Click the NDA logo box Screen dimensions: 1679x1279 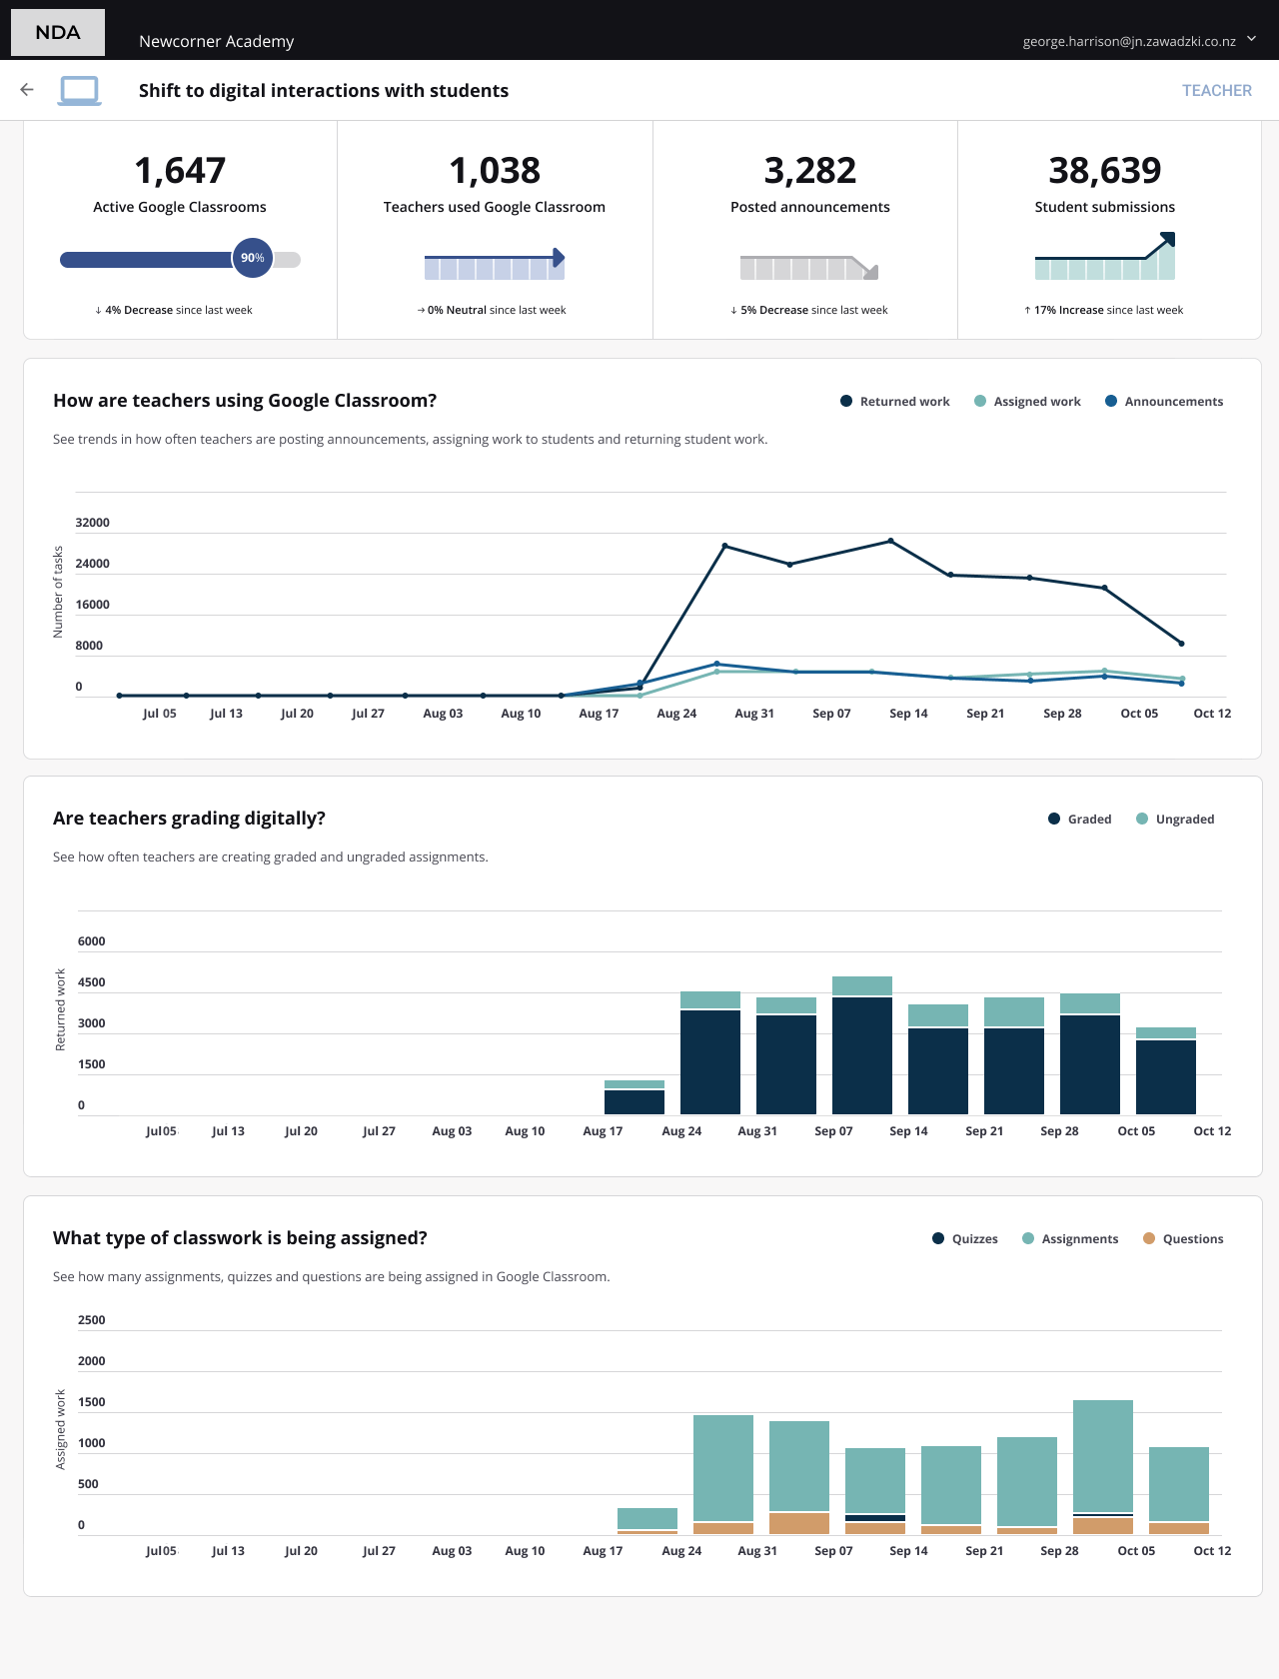(x=58, y=32)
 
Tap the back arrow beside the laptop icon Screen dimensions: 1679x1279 (x=27, y=90)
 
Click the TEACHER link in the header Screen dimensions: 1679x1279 (x=1216, y=90)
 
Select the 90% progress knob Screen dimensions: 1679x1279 (x=253, y=258)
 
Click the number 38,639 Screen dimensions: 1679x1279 (x=1104, y=171)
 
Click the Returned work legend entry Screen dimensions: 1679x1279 (x=895, y=402)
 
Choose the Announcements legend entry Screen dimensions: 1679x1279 (x=1164, y=402)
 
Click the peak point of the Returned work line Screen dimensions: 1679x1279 (x=890, y=542)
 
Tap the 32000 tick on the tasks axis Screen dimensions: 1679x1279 (x=93, y=523)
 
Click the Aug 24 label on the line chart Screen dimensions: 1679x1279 (x=676, y=714)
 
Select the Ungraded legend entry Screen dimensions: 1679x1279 (x=1175, y=820)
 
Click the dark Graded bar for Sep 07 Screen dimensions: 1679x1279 (x=862, y=1055)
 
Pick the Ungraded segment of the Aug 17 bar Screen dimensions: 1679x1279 (x=635, y=1084)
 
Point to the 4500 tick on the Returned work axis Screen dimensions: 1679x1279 (x=92, y=982)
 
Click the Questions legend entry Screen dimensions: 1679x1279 (x=1183, y=1239)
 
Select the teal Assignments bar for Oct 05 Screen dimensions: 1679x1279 (x=1103, y=1455)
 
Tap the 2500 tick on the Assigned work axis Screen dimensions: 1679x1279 (x=92, y=1320)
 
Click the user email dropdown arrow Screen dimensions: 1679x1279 (x=1252, y=39)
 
